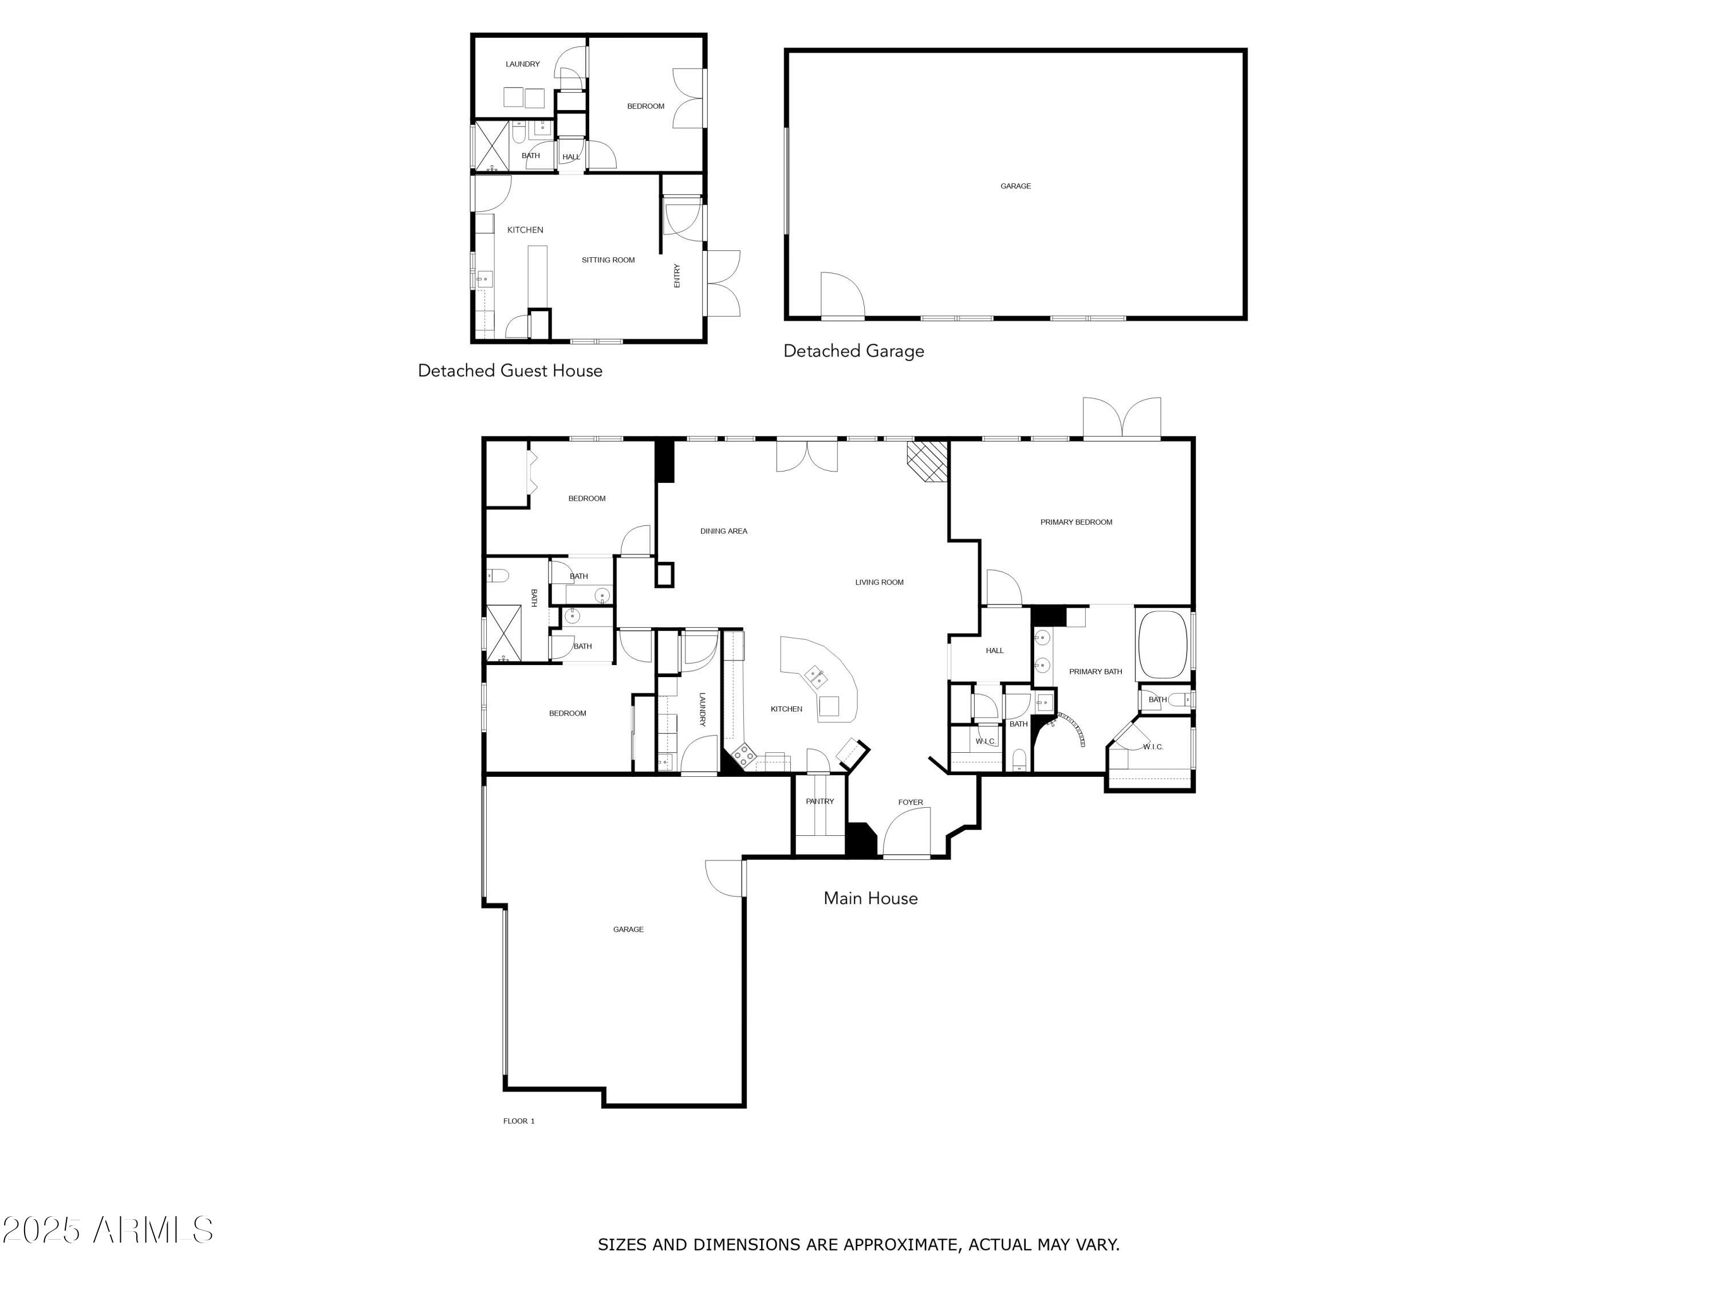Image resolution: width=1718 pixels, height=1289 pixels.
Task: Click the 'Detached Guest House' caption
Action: click(x=510, y=371)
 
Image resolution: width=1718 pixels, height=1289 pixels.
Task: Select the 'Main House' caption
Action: click(x=870, y=898)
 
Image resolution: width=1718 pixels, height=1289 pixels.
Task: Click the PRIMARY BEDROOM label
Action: click(x=1075, y=522)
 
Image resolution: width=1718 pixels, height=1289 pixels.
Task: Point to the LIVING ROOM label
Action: click(x=879, y=582)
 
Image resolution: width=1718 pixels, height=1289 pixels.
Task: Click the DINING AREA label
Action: click(x=723, y=532)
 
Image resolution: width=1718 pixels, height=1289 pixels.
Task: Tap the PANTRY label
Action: click(x=819, y=801)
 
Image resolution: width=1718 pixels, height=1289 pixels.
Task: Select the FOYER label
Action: click(x=911, y=802)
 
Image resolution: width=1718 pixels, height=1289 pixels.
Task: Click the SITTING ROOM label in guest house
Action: click(x=608, y=260)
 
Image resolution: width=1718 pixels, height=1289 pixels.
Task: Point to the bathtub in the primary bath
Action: click(x=1162, y=644)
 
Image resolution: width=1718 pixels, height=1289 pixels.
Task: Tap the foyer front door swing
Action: click(x=909, y=831)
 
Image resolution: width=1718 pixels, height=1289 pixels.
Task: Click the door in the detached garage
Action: click(x=842, y=297)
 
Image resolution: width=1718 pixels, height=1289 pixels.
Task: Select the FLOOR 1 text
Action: click(x=519, y=1121)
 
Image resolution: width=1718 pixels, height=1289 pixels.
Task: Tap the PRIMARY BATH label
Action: click(x=1095, y=671)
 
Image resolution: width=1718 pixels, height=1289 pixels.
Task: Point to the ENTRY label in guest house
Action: click(x=676, y=276)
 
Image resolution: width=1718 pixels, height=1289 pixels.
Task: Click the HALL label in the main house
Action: click(x=994, y=650)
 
